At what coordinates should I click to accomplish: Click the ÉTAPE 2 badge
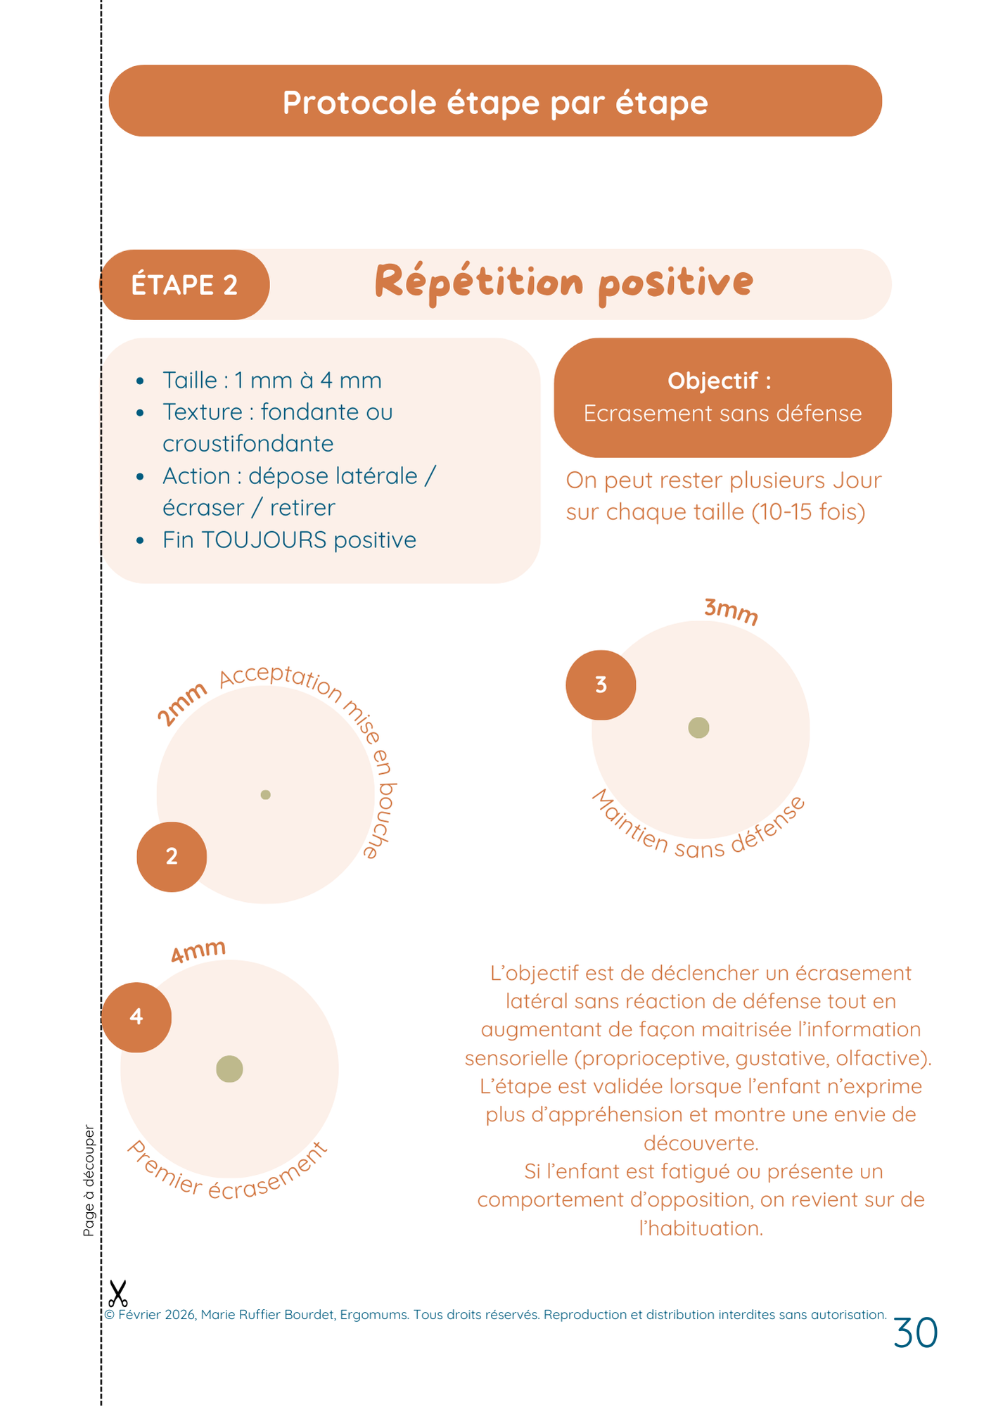tap(184, 285)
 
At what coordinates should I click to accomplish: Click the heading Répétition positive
tap(563, 282)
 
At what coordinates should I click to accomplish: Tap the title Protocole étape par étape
tap(495, 102)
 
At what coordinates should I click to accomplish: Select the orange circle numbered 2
tap(172, 856)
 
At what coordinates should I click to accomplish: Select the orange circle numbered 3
tap(601, 685)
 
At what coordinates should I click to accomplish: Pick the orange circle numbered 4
tap(136, 1017)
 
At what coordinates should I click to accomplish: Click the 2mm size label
tap(181, 703)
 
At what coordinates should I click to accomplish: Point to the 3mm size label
tap(731, 611)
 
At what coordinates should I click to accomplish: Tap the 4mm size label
tap(198, 951)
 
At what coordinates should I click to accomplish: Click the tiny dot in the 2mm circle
tap(265, 794)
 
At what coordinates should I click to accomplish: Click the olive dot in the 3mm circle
tap(698, 727)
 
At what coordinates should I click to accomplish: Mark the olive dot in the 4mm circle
tap(229, 1069)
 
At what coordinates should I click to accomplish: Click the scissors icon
tap(117, 1293)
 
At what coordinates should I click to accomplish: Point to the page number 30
tap(915, 1332)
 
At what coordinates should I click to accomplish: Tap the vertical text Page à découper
tap(89, 1180)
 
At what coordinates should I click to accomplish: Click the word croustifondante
tap(248, 443)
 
